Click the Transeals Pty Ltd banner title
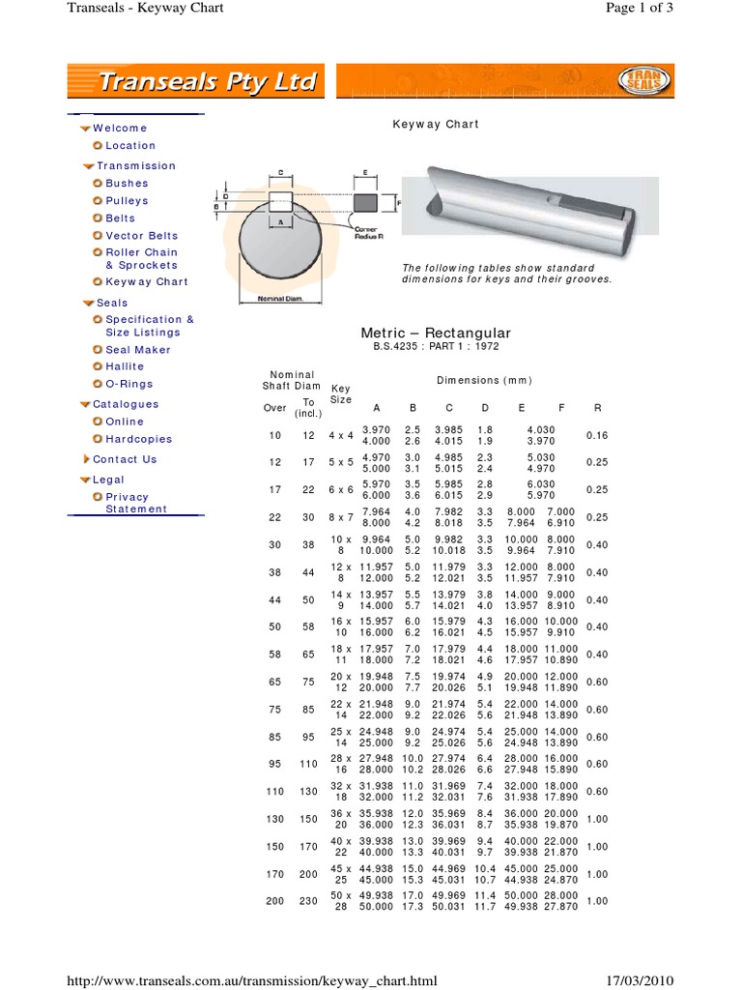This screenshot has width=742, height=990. tap(209, 83)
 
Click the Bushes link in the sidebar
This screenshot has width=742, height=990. tap(127, 183)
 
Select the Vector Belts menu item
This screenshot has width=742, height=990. tap(141, 235)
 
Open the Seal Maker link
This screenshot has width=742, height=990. tap(137, 349)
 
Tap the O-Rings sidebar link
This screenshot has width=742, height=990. tap(128, 384)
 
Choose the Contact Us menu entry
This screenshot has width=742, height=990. tap(125, 459)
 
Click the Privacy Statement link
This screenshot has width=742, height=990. tap(135, 503)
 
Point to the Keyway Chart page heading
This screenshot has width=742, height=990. tap(435, 124)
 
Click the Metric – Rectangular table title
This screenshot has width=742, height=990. tap(435, 333)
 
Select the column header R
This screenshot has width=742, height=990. tap(597, 408)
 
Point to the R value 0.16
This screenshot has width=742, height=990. tap(597, 436)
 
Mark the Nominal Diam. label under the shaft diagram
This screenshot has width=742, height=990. tap(280, 299)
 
